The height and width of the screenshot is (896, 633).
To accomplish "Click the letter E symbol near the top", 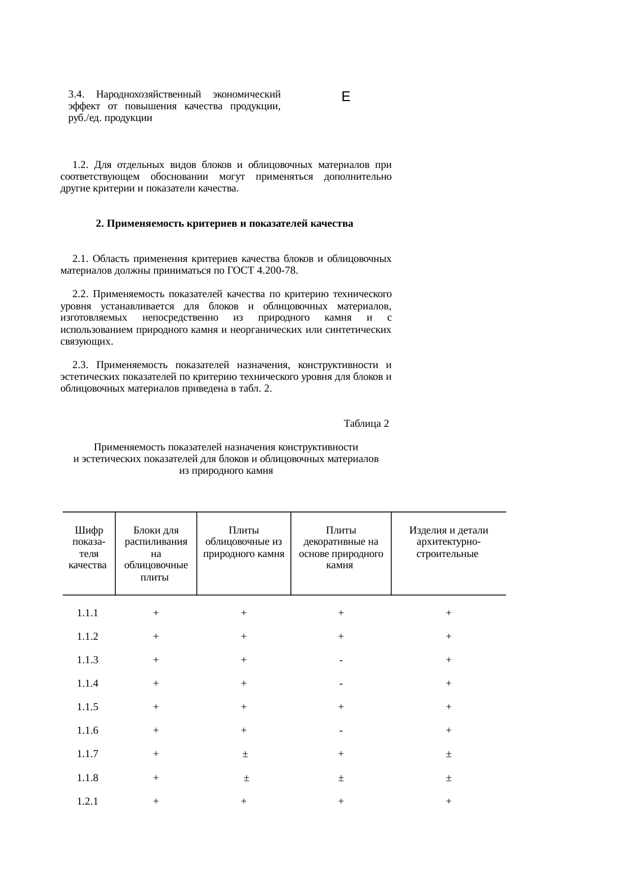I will (346, 96).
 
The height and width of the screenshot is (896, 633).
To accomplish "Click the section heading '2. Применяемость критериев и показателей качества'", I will (225, 224).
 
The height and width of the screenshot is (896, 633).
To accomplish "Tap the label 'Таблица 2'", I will (366, 424).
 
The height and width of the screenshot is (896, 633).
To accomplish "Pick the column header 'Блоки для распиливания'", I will (156, 536).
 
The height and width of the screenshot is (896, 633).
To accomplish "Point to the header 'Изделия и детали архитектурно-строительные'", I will (448, 542).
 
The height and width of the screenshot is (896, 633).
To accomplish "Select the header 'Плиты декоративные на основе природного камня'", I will (340, 548).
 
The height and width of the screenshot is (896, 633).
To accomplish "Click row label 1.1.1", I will (87, 613).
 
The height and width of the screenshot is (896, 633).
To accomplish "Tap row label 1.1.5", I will (87, 707).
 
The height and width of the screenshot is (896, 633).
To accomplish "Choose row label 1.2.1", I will (87, 802).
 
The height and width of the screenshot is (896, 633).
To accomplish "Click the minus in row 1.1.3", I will (340, 661).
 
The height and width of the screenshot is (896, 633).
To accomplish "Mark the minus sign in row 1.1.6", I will (340, 731).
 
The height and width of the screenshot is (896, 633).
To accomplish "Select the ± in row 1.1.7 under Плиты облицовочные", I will (245, 755).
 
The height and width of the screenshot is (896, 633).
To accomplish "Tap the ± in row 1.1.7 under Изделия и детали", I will (448, 755).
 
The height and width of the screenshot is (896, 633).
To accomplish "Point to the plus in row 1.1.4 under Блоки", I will (156, 684).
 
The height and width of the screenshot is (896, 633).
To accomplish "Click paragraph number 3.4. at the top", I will (75, 94).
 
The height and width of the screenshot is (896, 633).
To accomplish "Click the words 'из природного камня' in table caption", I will (226, 471).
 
